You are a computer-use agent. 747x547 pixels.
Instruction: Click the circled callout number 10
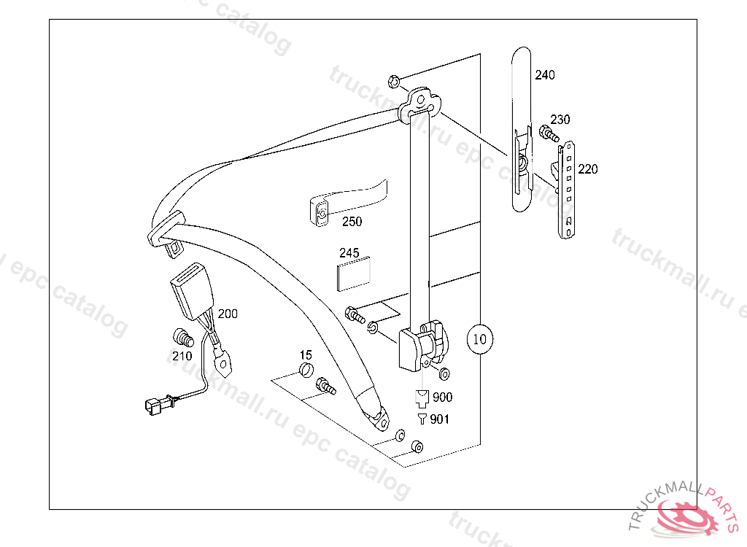pos(479,339)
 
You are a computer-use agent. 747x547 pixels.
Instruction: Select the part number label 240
pos(544,75)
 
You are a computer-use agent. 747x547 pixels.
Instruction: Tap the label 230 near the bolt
pos(560,120)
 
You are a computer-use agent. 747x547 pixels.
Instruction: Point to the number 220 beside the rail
pos(587,169)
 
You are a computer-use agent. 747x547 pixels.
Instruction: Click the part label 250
pos(352,222)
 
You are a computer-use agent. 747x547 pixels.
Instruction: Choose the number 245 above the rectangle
pos(349,253)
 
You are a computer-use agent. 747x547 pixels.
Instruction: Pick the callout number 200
pos(228,314)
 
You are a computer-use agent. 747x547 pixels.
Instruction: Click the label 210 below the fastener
pos(182,356)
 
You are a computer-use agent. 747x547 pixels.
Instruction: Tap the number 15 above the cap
pos(306,354)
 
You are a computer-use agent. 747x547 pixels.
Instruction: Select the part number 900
pos(442,397)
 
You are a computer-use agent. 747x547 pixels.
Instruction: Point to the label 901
pos(440,419)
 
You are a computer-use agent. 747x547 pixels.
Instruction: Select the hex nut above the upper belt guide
pos(392,79)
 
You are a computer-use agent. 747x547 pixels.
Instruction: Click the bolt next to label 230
pos(548,133)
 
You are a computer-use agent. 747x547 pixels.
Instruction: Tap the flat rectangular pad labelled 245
pos(354,273)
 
